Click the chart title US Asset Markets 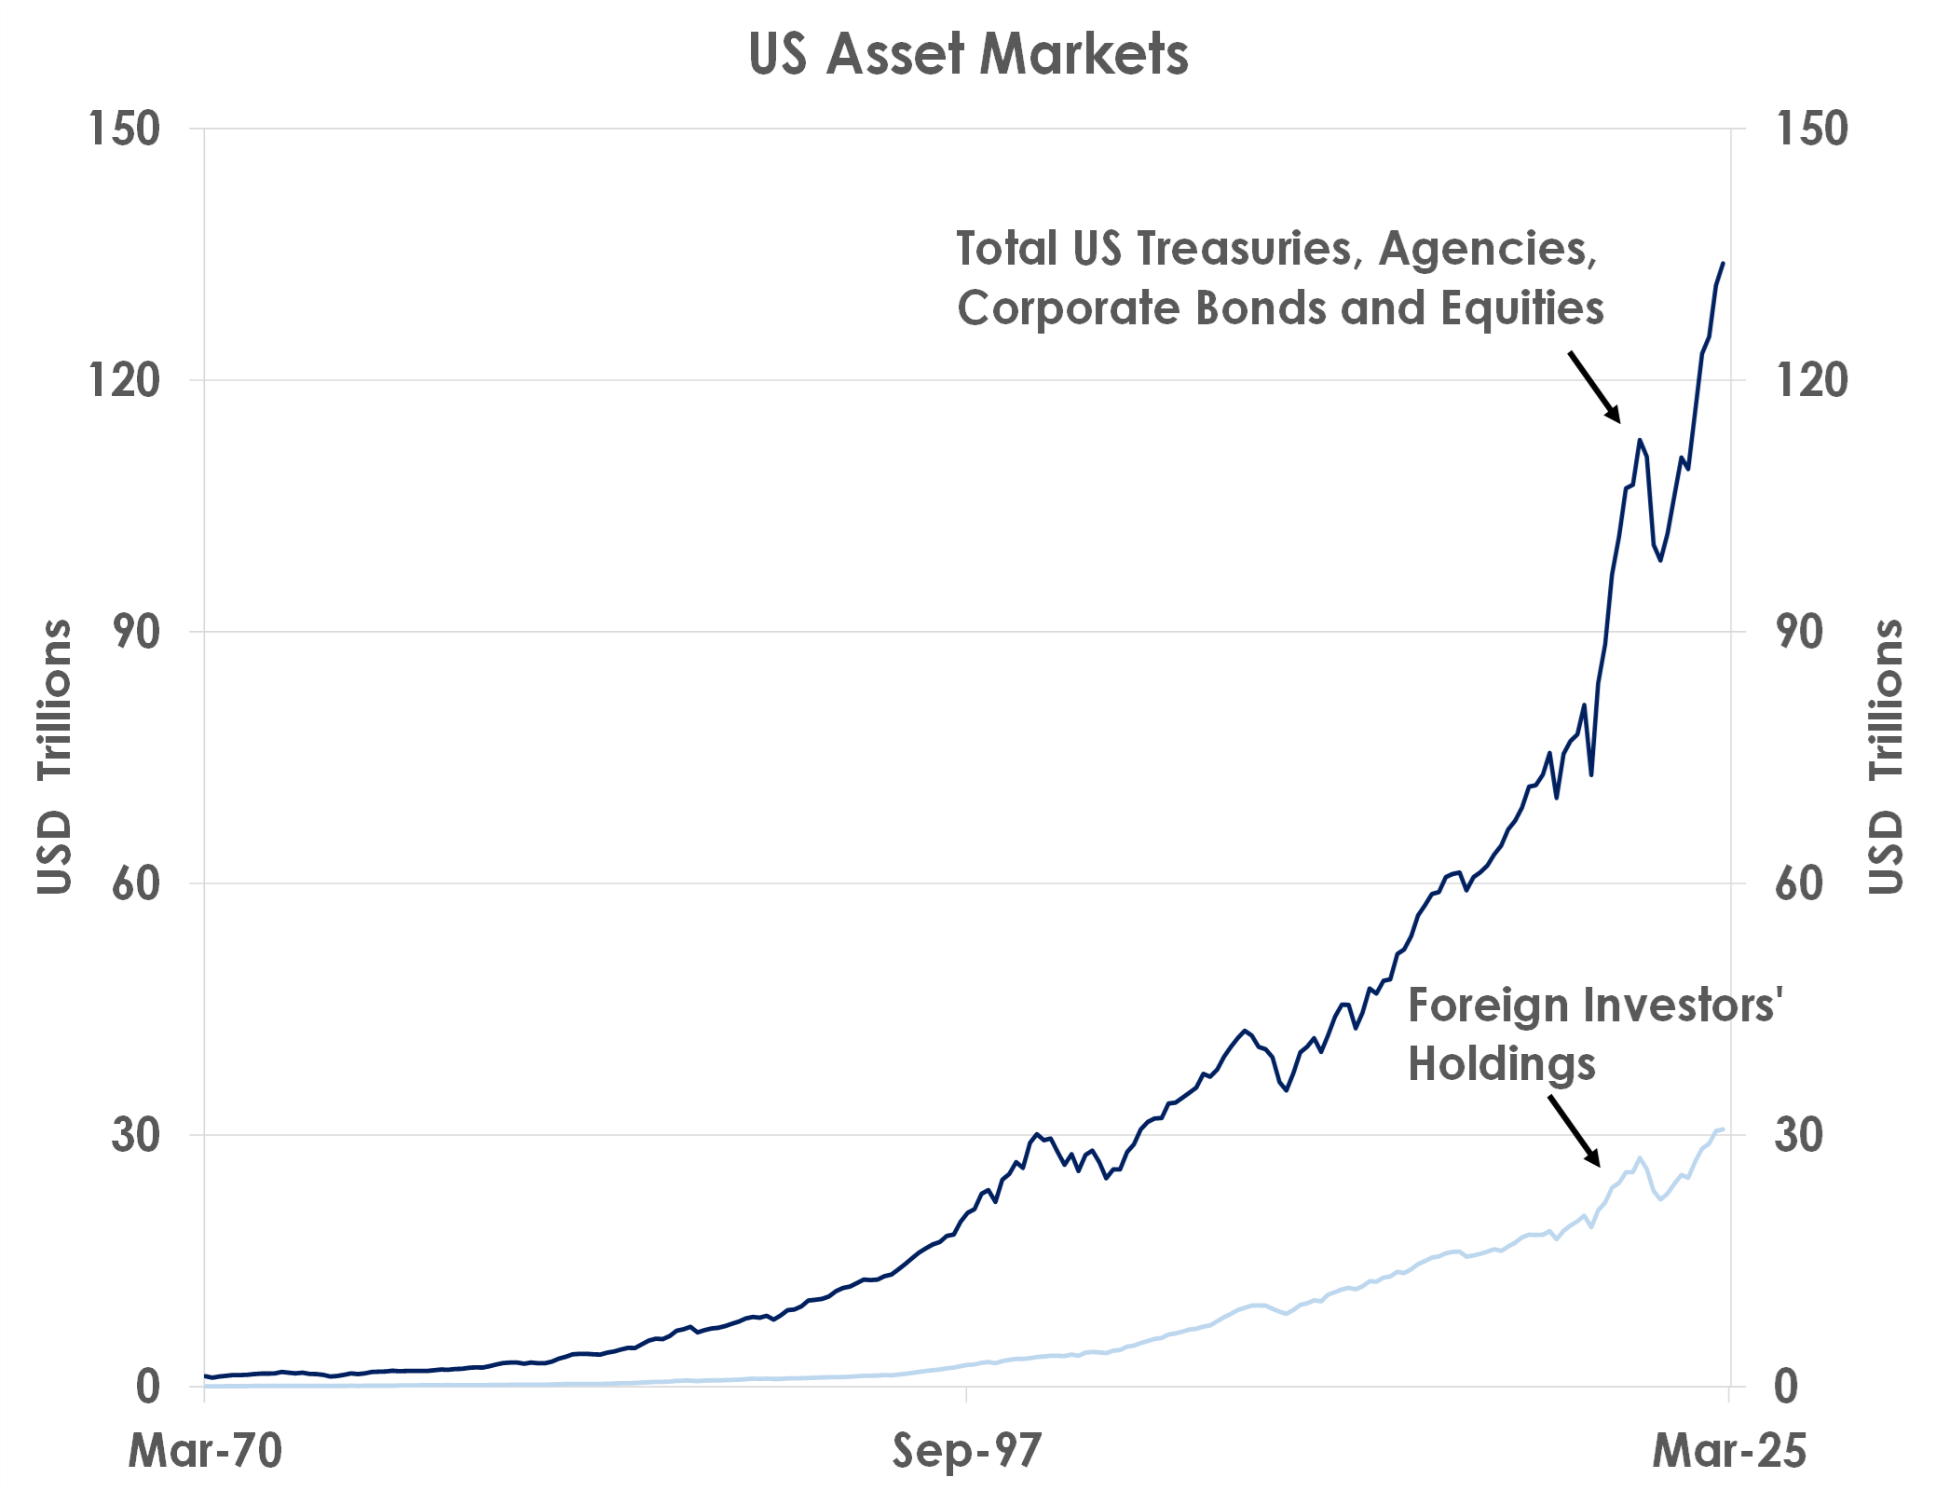[x=968, y=54]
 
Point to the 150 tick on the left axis [x=125, y=129]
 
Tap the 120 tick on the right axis [x=1811, y=380]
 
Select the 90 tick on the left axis [x=136, y=632]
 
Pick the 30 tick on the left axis [x=136, y=1135]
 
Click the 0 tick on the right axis [x=1786, y=1387]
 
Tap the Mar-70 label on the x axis [x=205, y=1451]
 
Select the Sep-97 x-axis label [x=967, y=1451]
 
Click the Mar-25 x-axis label [x=1729, y=1451]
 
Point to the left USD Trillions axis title [x=54, y=757]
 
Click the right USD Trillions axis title [x=1886, y=757]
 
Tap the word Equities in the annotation [x=1522, y=308]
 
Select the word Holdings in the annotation [x=1501, y=1064]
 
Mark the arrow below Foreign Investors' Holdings [x=1575, y=1131]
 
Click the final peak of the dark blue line [x=1722, y=264]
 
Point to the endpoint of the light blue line [x=1723, y=1129]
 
